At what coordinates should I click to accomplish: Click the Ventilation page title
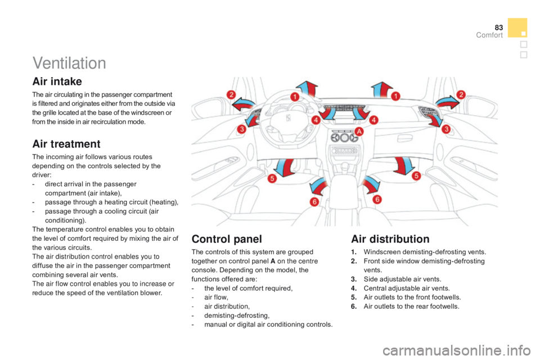tap(69, 63)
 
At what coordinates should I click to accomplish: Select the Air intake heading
tap(57, 82)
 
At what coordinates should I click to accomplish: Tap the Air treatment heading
tap(66, 143)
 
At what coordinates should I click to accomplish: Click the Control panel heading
tap(227, 238)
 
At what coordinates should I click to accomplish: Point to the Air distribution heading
tap(390, 238)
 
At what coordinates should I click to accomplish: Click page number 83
tap(499, 28)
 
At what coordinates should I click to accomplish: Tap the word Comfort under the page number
tap(489, 35)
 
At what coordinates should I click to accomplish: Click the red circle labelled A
tap(359, 131)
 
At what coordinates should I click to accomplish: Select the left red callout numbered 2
tap(231, 94)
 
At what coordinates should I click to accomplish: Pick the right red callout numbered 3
tap(446, 129)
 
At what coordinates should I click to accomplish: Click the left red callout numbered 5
tap(272, 178)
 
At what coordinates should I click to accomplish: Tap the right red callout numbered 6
tap(377, 200)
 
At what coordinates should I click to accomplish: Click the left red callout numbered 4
tap(316, 120)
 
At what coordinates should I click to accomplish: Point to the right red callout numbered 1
tap(395, 96)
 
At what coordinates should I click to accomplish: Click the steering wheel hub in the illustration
tap(289, 119)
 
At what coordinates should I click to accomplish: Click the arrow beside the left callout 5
tap(285, 166)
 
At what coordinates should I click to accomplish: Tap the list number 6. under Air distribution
tap(354, 306)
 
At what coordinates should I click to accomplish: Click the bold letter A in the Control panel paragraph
tap(273, 261)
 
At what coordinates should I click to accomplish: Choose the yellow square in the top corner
tap(517, 28)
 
